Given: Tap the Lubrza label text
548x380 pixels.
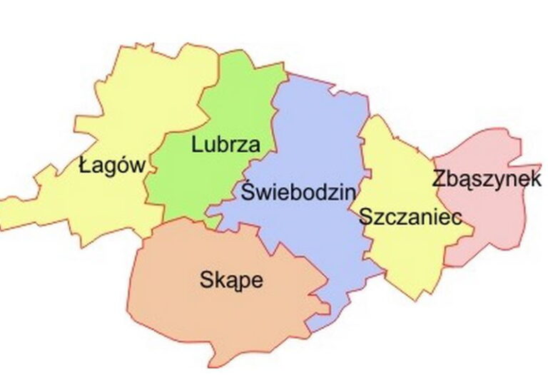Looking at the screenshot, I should pos(225,145).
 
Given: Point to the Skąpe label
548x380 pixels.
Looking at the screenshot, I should pos(230,279).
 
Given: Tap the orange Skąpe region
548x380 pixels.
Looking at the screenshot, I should pos(214,314).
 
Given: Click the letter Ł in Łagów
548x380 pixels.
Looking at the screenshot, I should pos(85,167).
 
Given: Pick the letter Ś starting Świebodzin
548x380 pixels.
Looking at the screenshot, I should pos(248,190).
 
